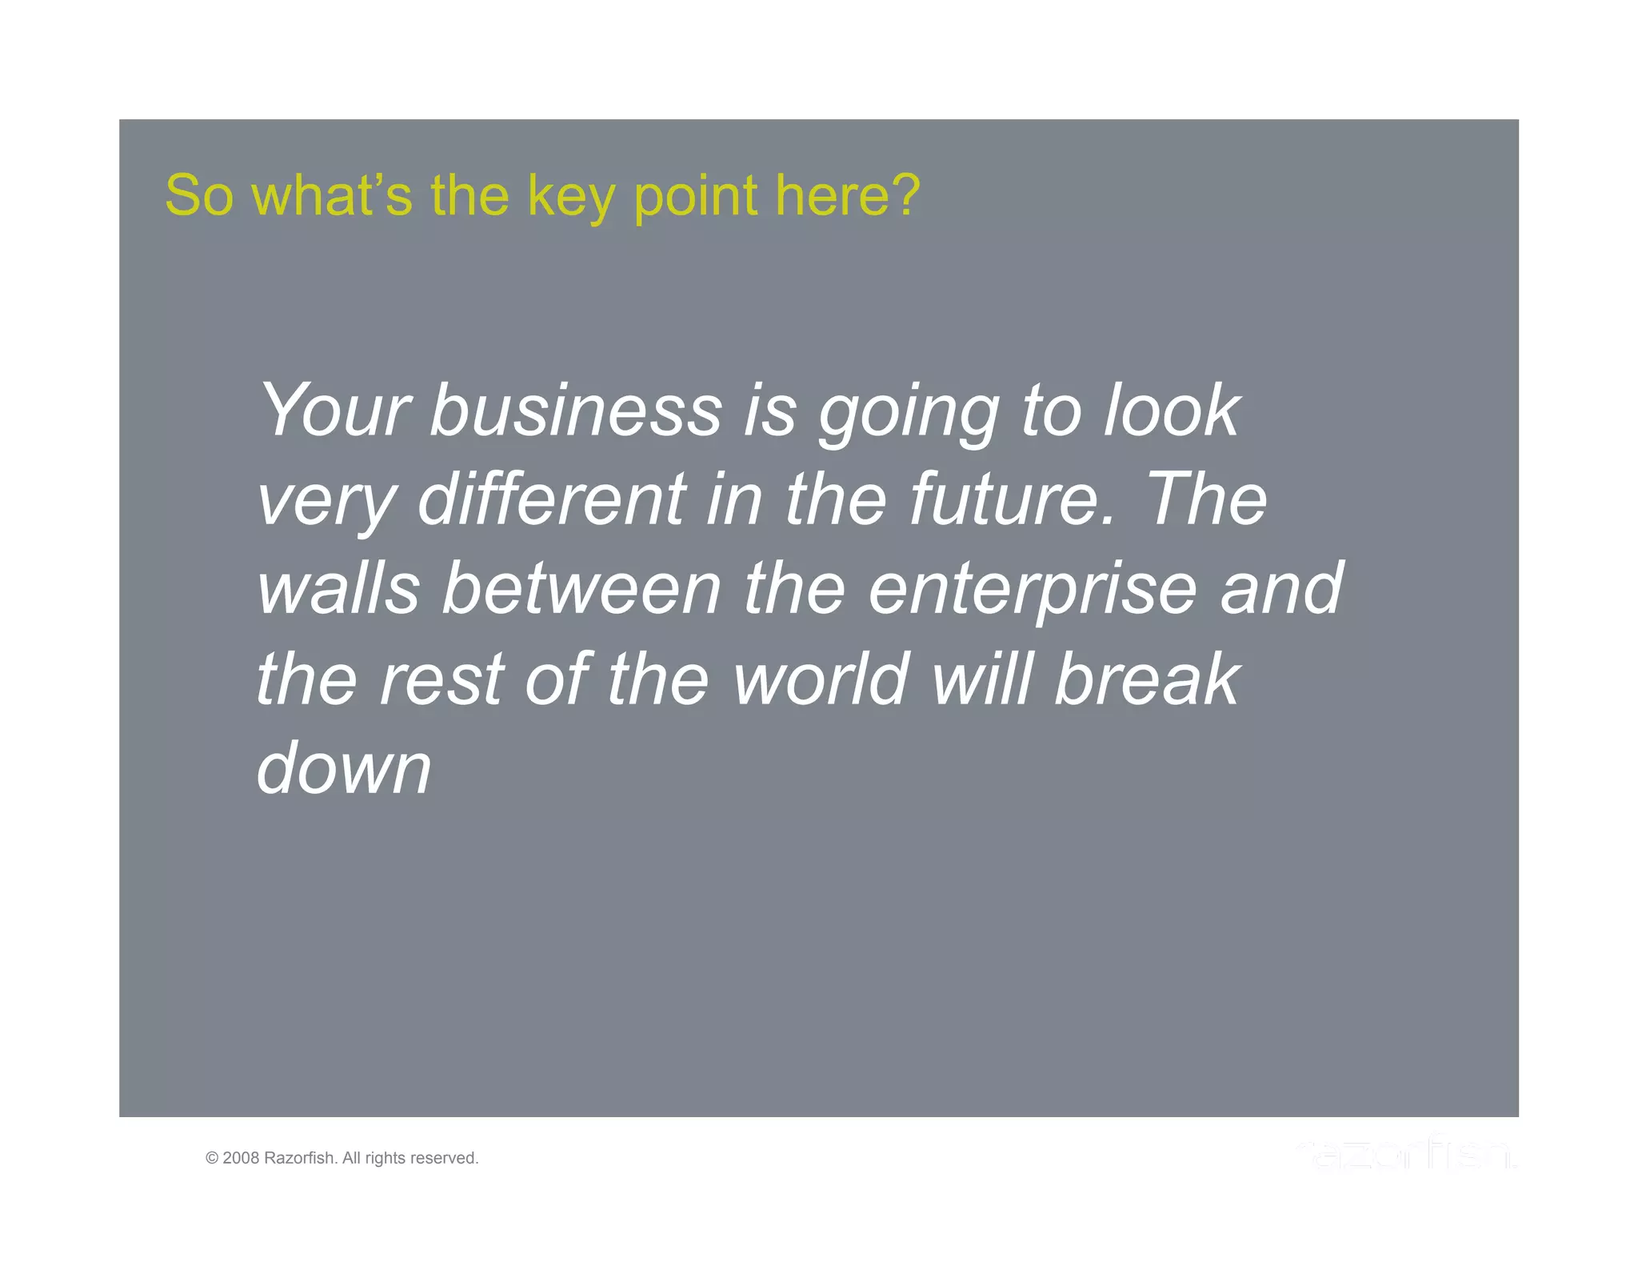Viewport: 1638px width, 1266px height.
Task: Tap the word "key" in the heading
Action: tap(571, 197)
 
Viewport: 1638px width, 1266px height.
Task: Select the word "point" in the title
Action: tap(696, 197)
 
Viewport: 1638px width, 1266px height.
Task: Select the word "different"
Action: tap(552, 499)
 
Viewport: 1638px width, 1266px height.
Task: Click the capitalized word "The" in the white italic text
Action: tap(1208, 499)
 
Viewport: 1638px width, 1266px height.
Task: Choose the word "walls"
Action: tap(338, 589)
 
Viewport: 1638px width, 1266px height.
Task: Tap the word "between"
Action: tap(582, 589)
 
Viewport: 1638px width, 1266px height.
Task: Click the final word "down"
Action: tap(344, 768)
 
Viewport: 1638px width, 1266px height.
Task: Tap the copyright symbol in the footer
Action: tap(212, 1158)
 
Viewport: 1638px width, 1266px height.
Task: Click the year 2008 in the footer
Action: tap(241, 1158)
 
